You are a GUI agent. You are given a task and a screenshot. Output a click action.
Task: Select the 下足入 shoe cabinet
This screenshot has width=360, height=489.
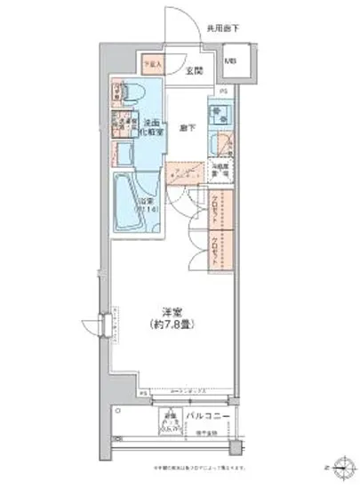click(x=149, y=65)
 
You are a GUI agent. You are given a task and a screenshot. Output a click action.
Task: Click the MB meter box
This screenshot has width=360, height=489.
click(x=231, y=62)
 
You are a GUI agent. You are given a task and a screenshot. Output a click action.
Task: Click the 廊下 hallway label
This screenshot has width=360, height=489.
click(x=187, y=127)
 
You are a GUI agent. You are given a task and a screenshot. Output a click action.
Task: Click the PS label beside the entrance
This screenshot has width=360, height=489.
click(x=223, y=91)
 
